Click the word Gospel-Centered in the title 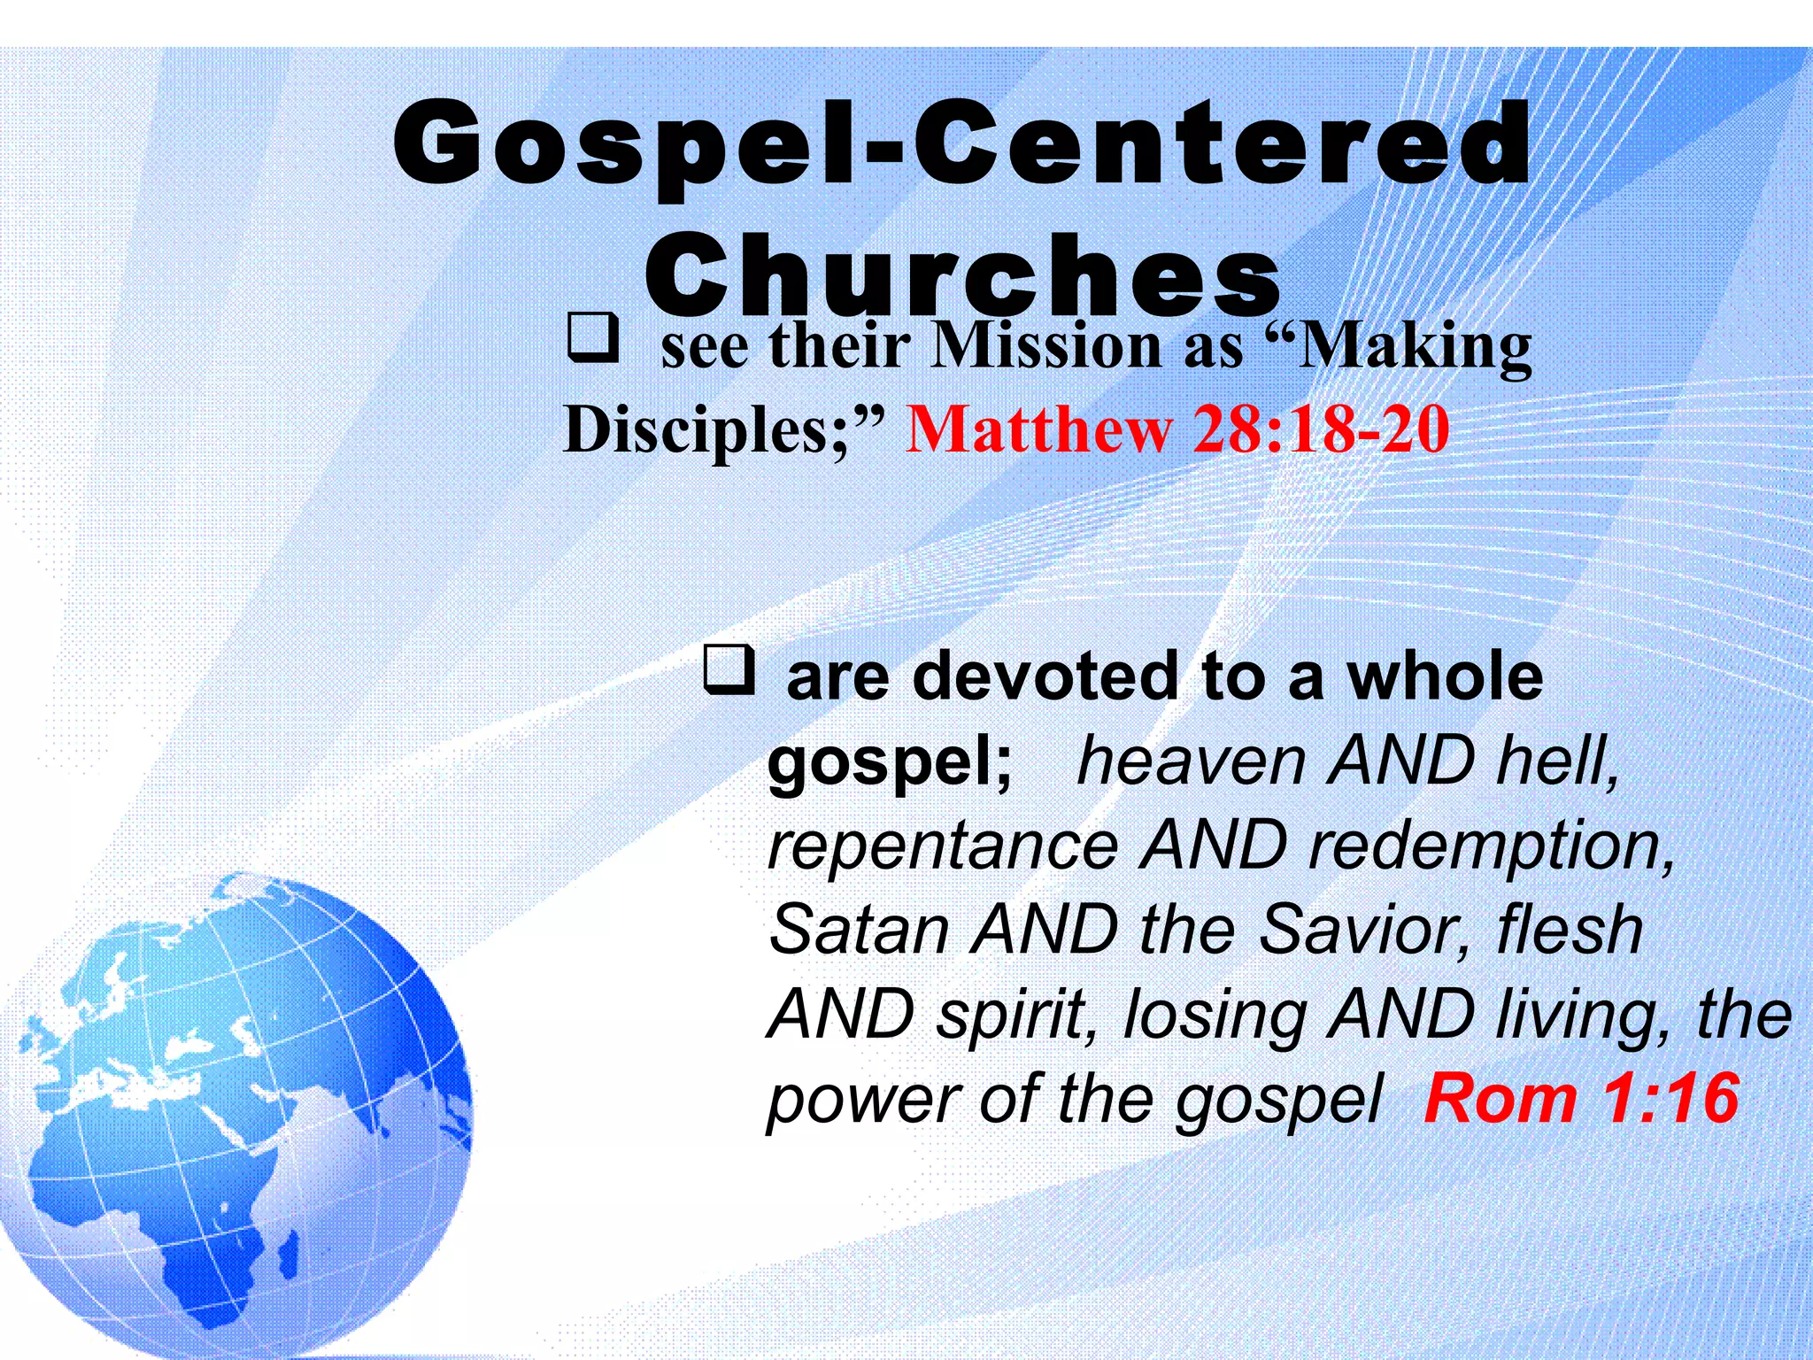pyautogui.click(x=962, y=144)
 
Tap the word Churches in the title pyautogui.click(x=962, y=274)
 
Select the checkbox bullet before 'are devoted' pyautogui.click(x=729, y=669)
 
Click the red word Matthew pyautogui.click(x=1039, y=429)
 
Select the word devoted pyautogui.click(x=1045, y=677)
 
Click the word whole pyautogui.click(x=1445, y=677)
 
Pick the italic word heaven pyautogui.click(x=1191, y=761)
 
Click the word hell pyautogui.click(x=1558, y=761)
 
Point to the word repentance pyautogui.click(x=944, y=846)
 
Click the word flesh pyautogui.click(x=1569, y=930)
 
